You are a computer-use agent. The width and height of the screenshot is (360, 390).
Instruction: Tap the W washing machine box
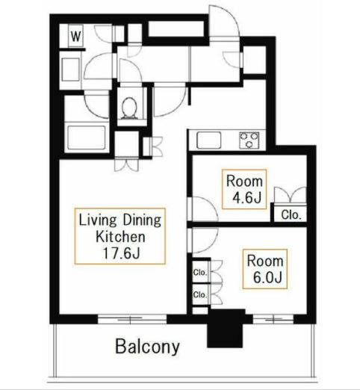[x=75, y=36]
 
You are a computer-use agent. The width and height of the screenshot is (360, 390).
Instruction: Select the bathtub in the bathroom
[x=87, y=137]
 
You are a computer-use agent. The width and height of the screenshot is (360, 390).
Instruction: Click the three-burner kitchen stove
[x=249, y=140]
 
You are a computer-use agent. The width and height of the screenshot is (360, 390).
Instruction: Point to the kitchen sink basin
[x=208, y=140]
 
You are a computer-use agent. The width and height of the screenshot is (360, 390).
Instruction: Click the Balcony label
[x=147, y=347]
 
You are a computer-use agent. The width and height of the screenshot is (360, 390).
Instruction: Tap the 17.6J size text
[x=121, y=253]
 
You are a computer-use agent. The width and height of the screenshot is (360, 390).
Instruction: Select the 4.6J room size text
[x=246, y=198]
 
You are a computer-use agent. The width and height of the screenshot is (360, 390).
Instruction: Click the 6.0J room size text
[x=267, y=277]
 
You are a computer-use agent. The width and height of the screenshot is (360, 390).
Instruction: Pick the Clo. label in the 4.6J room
[x=290, y=214]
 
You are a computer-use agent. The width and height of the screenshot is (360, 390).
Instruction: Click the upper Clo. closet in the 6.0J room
[x=200, y=272]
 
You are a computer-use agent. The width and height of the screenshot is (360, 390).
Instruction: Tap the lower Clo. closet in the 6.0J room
[x=200, y=294]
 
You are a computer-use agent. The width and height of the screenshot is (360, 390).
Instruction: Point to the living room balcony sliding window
[x=132, y=319]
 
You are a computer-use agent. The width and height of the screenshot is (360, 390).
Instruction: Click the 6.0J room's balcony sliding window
[x=273, y=319]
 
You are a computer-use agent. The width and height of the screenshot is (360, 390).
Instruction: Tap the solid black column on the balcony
[x=225, y=329]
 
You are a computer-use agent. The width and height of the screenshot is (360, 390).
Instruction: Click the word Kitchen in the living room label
[x=120, y=237]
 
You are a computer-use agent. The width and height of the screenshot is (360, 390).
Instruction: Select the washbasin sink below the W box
[x=70, y=69]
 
